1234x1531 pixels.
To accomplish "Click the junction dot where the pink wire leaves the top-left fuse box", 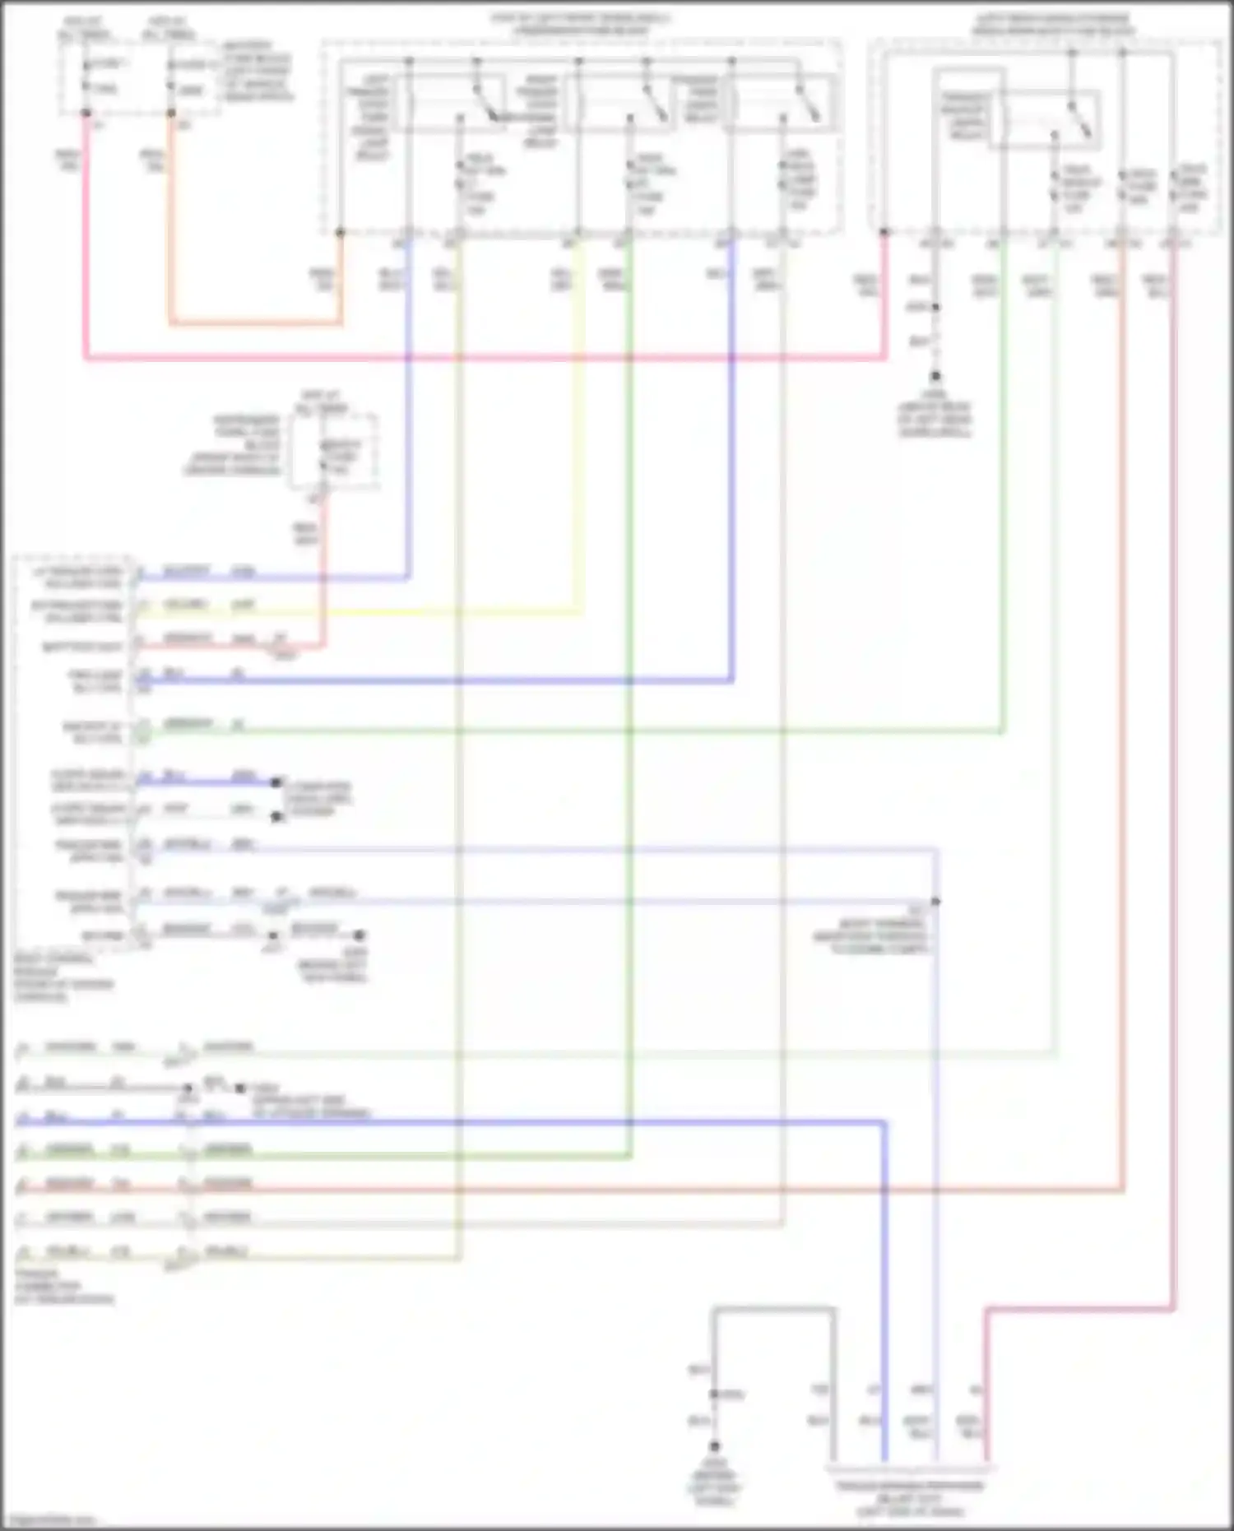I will coord(86,114).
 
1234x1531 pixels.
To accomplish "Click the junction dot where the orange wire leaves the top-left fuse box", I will coord(171,114).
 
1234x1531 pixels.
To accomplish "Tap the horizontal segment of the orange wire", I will coord(255,323).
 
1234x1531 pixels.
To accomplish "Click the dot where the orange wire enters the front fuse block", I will coord(340,234).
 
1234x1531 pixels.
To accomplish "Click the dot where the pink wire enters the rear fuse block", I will coord(885,233).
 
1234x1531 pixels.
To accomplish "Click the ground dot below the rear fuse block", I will coord(935,377).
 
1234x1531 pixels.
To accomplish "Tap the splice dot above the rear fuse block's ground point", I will coord(935,308).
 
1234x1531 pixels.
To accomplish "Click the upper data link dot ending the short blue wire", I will coord(276,782).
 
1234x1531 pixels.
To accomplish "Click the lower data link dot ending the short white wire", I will coord(276,817).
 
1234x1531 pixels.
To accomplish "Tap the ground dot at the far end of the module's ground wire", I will coord(359,935).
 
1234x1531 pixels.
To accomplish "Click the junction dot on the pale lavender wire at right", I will coord(936,902).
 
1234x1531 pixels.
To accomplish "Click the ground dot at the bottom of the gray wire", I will coord(715,1445).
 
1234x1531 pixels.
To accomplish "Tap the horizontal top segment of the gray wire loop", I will coord(773,1308).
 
